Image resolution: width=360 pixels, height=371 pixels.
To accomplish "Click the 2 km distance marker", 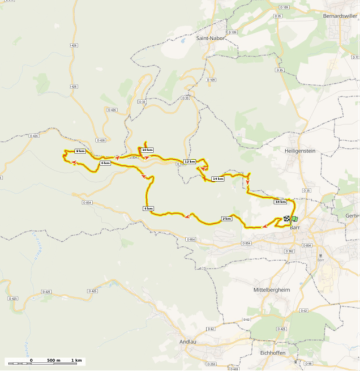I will pyautogui.click(x=226, y=219).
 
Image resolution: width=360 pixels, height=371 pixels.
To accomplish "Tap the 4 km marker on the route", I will pyautogui.click(x=148, y=209).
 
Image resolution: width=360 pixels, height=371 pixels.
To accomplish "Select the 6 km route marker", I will pyautogui.click(x=105, y=163).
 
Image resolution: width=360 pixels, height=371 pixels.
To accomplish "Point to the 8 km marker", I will pyautogui.click(x=80, y=151).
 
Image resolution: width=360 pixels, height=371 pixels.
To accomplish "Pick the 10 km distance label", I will pyautogui.click(x=147, y=150).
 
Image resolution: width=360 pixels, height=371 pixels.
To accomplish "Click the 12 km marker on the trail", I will pyautogui.click(x=190, y=162).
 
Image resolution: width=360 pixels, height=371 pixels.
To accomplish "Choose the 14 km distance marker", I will pyautogui.click(x=217, y=179).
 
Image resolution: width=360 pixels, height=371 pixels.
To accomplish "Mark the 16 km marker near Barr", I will pyautogui.click(x=280, y=202).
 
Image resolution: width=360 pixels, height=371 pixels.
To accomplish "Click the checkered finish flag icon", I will pyautogui.click(x=287, y=219).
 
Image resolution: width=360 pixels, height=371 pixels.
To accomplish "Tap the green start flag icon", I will pyautogui.click(x=294, y=219).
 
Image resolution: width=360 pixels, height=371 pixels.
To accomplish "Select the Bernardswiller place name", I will pyautogui.click(x=338, y=15).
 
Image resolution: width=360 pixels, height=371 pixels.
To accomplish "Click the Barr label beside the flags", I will pyautogui.click(x=294, y=227).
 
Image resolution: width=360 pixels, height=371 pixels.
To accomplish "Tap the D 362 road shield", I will pyautogui.click(x=290, y=251).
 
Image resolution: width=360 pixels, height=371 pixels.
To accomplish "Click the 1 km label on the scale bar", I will pyautogui.click(x=76, y=360).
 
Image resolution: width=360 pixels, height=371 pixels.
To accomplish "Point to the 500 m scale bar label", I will pyautogui.click(x=53, y=360).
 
